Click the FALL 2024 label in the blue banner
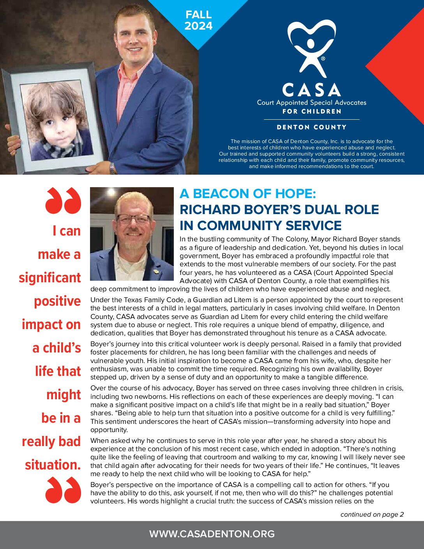[x=198, y=20]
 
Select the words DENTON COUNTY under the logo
[x=311, y=127]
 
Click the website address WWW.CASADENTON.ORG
[x=212, y=534]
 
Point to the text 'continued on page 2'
[x=372, y=514]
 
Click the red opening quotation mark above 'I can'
[x=63, y=200]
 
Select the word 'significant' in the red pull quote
[x=50, y=278]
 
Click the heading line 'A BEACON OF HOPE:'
[x=247, y=194]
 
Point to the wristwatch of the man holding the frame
[x=112, y=168]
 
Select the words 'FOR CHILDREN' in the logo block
[x=311, y=112]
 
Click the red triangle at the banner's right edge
[x=401, y=66]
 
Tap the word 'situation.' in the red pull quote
[x=53, y=465]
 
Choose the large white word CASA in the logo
[x=311, y=90]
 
